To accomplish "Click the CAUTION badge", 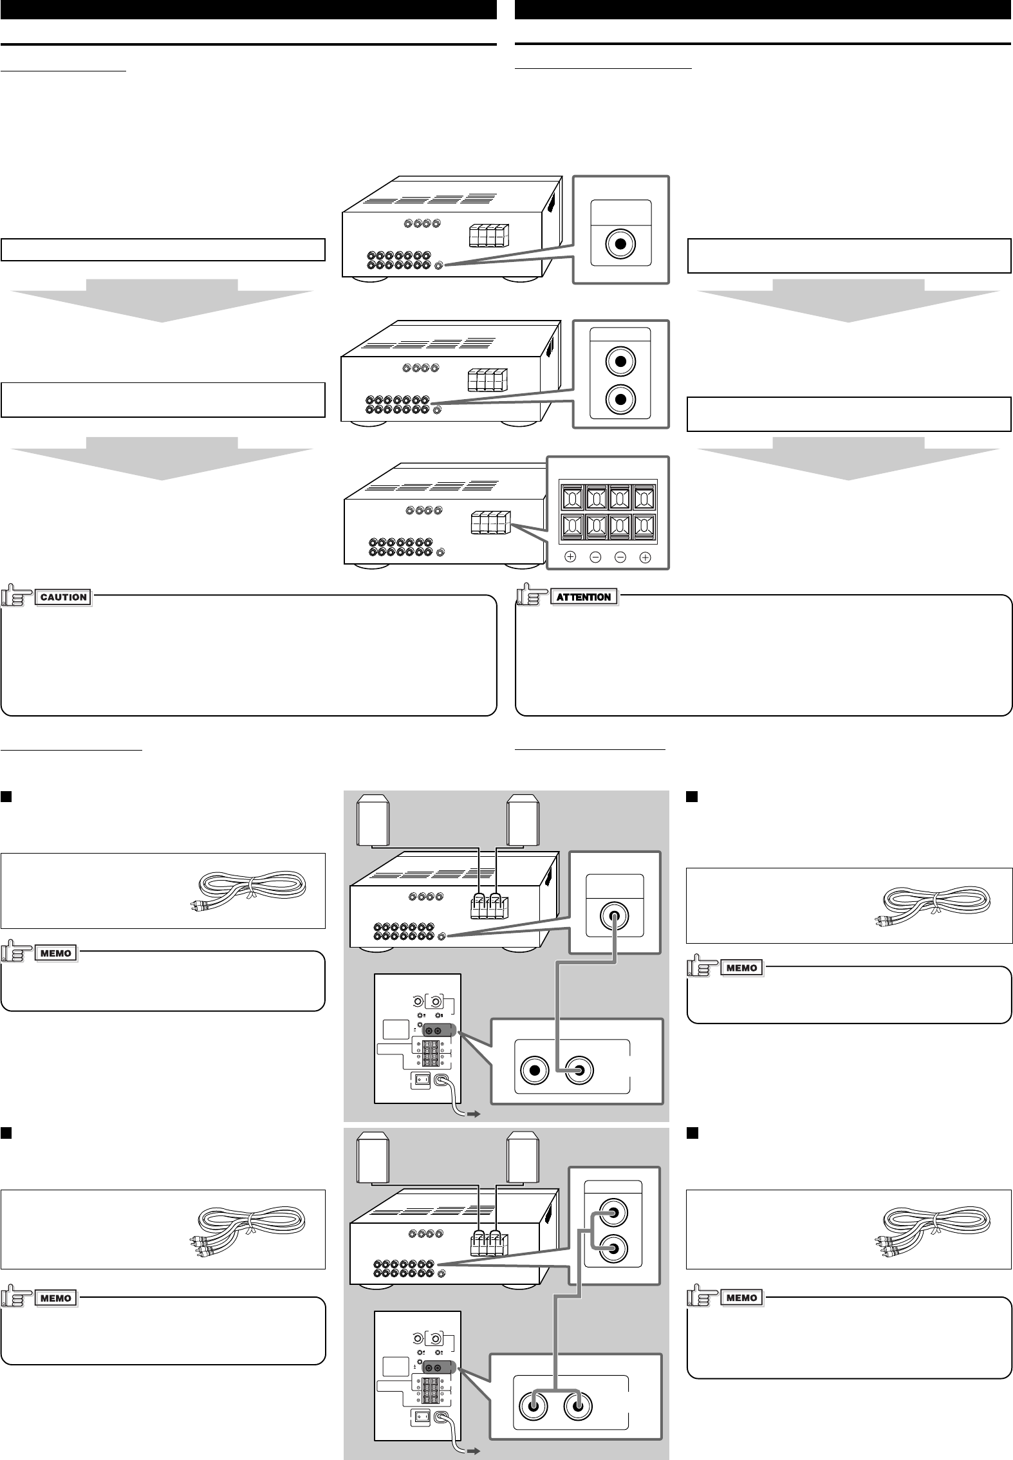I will click(64, 597).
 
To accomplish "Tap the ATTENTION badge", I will click(584, 597).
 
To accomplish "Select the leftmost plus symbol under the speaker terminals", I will click(570, 557).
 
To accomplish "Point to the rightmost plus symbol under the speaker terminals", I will click(646, 557).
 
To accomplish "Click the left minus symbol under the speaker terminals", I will click(595, 557).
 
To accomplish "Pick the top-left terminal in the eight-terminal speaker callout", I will click(571, 498).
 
